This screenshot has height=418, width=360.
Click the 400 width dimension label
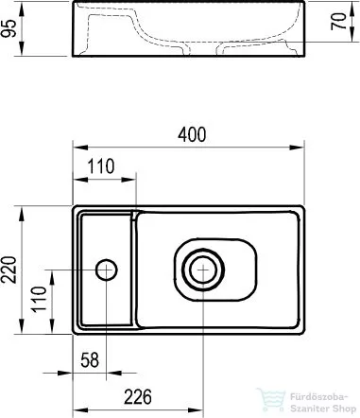point(192,134)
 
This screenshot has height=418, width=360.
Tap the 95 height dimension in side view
point(9,28)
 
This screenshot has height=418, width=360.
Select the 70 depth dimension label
point(339,22)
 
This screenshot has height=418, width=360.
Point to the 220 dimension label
point(9,270)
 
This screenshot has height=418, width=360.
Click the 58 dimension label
point(90,360)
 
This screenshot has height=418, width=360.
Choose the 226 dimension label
point(138,397)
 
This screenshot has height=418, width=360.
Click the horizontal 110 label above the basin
point(101,166)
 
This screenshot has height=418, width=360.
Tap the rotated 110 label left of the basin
point(39,299)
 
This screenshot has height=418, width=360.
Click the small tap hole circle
point(107,270)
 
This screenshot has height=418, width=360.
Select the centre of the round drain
point(203,270)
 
